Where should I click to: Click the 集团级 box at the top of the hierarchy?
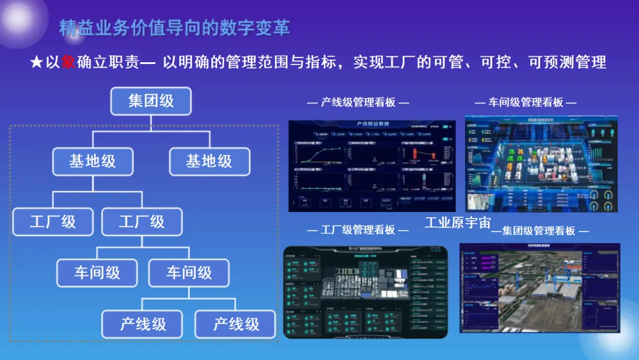click(x=151, y=101)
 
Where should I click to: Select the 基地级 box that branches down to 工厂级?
click(x=93, y=161)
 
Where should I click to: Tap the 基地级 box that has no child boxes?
click(x=209, y=161)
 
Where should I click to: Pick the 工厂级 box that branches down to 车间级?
click(x=141, y=222)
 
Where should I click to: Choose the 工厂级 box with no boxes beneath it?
click(x=53, y=222)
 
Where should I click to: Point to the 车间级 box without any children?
click(x=97, y=273)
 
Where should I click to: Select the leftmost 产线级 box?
click(x=143, y=324)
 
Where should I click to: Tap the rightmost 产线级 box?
click(x=235, y=324)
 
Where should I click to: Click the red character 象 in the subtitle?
click(x=69, y=62)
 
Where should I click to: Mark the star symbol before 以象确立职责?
click(x=37, y=62)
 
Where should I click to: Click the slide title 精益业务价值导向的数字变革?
click(x=175, y=28)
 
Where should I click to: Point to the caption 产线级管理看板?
click(x=358, y=102)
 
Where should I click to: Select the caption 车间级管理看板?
click(x=525, y=102)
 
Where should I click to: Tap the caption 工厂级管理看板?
click(x=358, y=230)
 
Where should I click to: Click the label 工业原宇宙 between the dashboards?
click(x=458, y=223)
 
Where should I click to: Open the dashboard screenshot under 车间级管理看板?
click(x=541, y=163)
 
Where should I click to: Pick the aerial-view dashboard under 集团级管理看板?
click(x=543, y=287)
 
